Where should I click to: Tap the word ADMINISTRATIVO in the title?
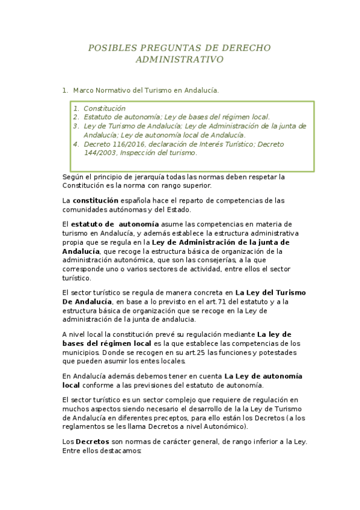pyautogui.click(x=180, y=60)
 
